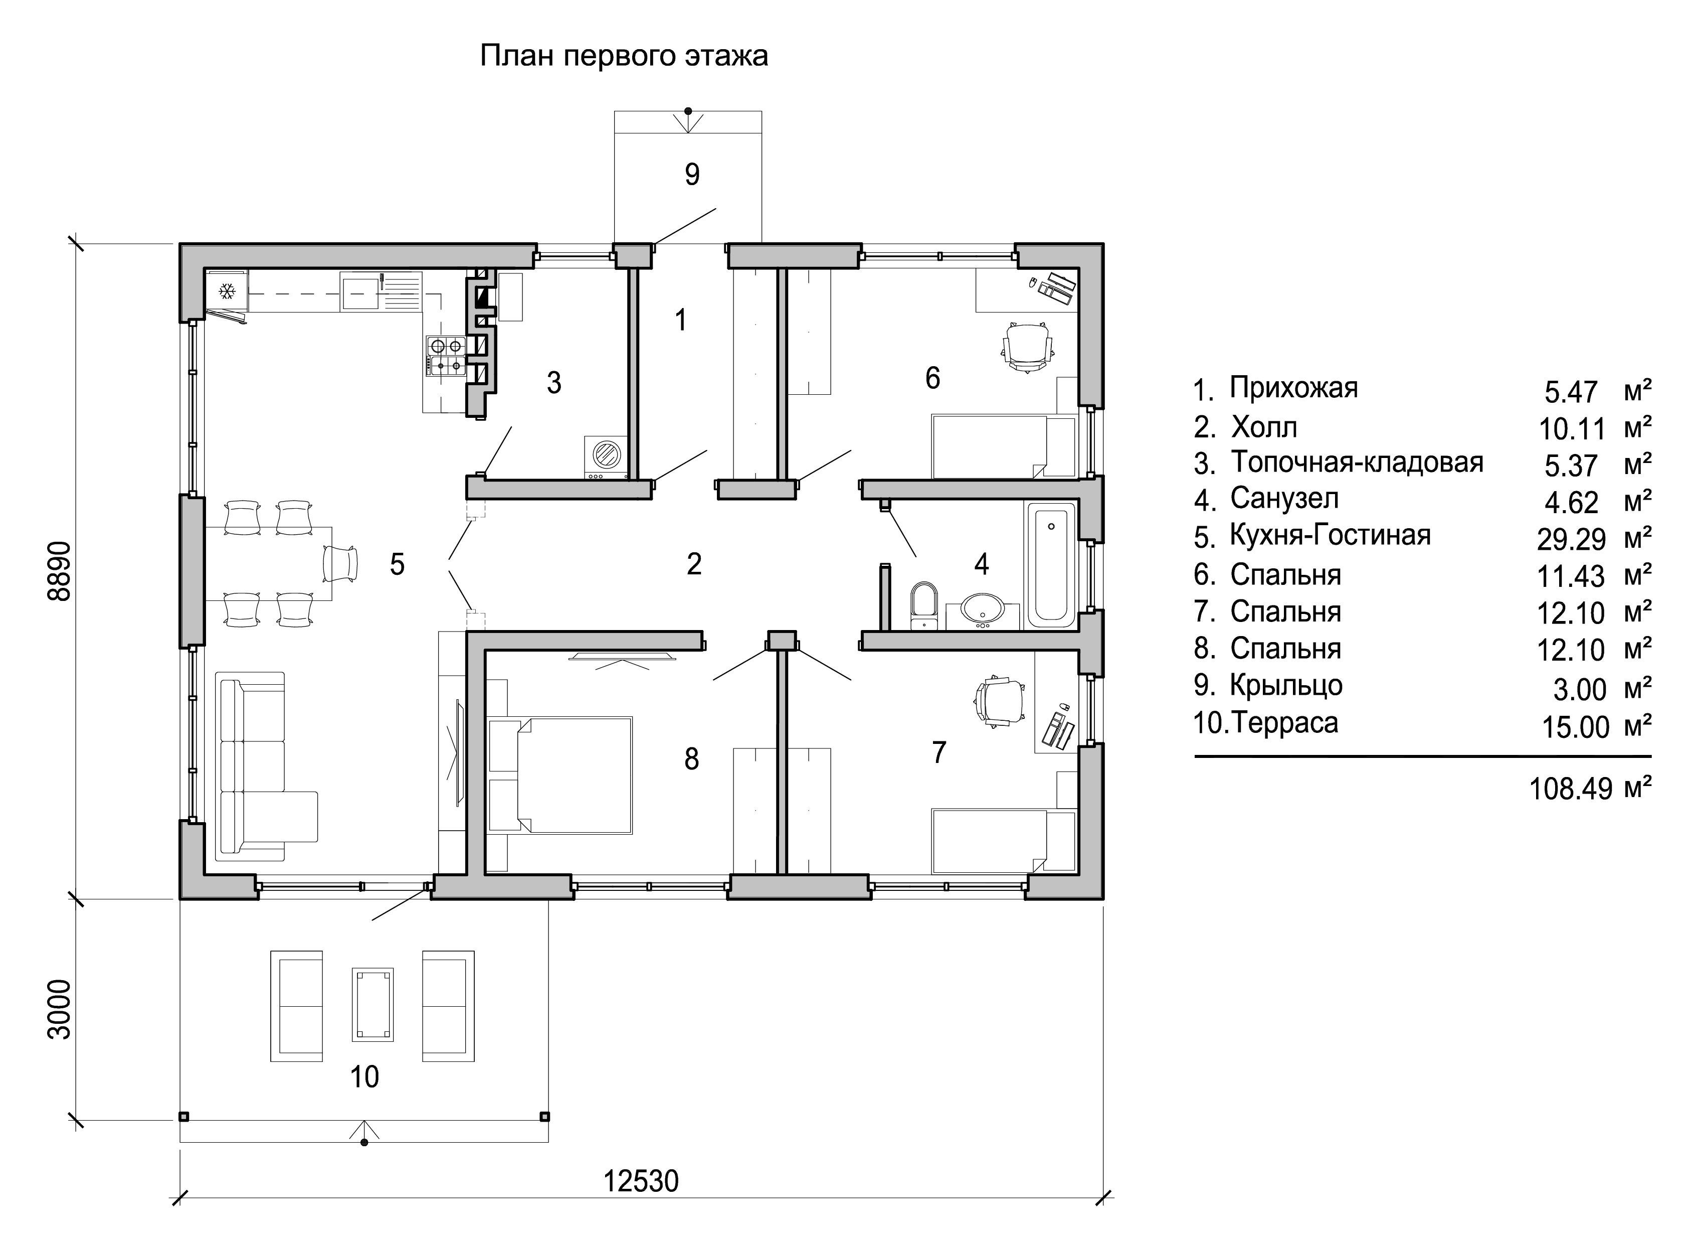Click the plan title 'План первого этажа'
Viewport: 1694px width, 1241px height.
[x=624, y=56]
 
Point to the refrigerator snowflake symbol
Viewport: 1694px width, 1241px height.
[x=226, y=291]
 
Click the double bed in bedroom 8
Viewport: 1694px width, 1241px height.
[x=559, y=774]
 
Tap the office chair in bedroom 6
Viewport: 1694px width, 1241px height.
[x=1027, y=346]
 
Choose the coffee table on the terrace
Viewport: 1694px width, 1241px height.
[x=373, y=1004]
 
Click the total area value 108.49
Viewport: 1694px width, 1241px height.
[x=1571, y=789]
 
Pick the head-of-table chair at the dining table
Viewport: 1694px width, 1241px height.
[x=340, y=563]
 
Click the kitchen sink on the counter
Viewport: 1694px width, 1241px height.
[x=360, y=291]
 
